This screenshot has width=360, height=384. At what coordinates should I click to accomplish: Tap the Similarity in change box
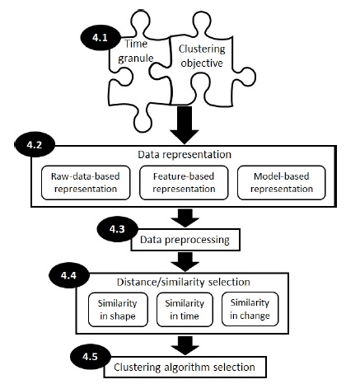click(x=250, y=308)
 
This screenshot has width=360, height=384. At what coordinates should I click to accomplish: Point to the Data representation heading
click(x=179, y=155)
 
